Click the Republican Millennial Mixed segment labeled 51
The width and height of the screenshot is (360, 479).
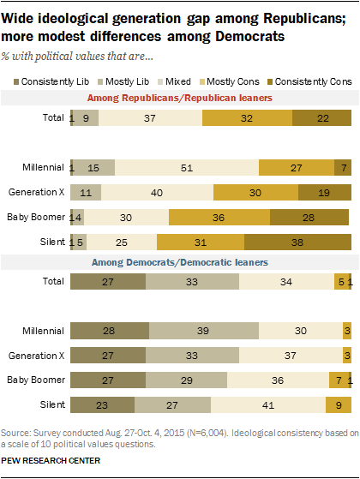point(186,169)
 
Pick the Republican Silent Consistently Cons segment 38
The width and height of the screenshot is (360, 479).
point(296,243)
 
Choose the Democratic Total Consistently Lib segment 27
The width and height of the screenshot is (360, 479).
point(108,280)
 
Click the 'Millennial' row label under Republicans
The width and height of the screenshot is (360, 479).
point(44,169)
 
